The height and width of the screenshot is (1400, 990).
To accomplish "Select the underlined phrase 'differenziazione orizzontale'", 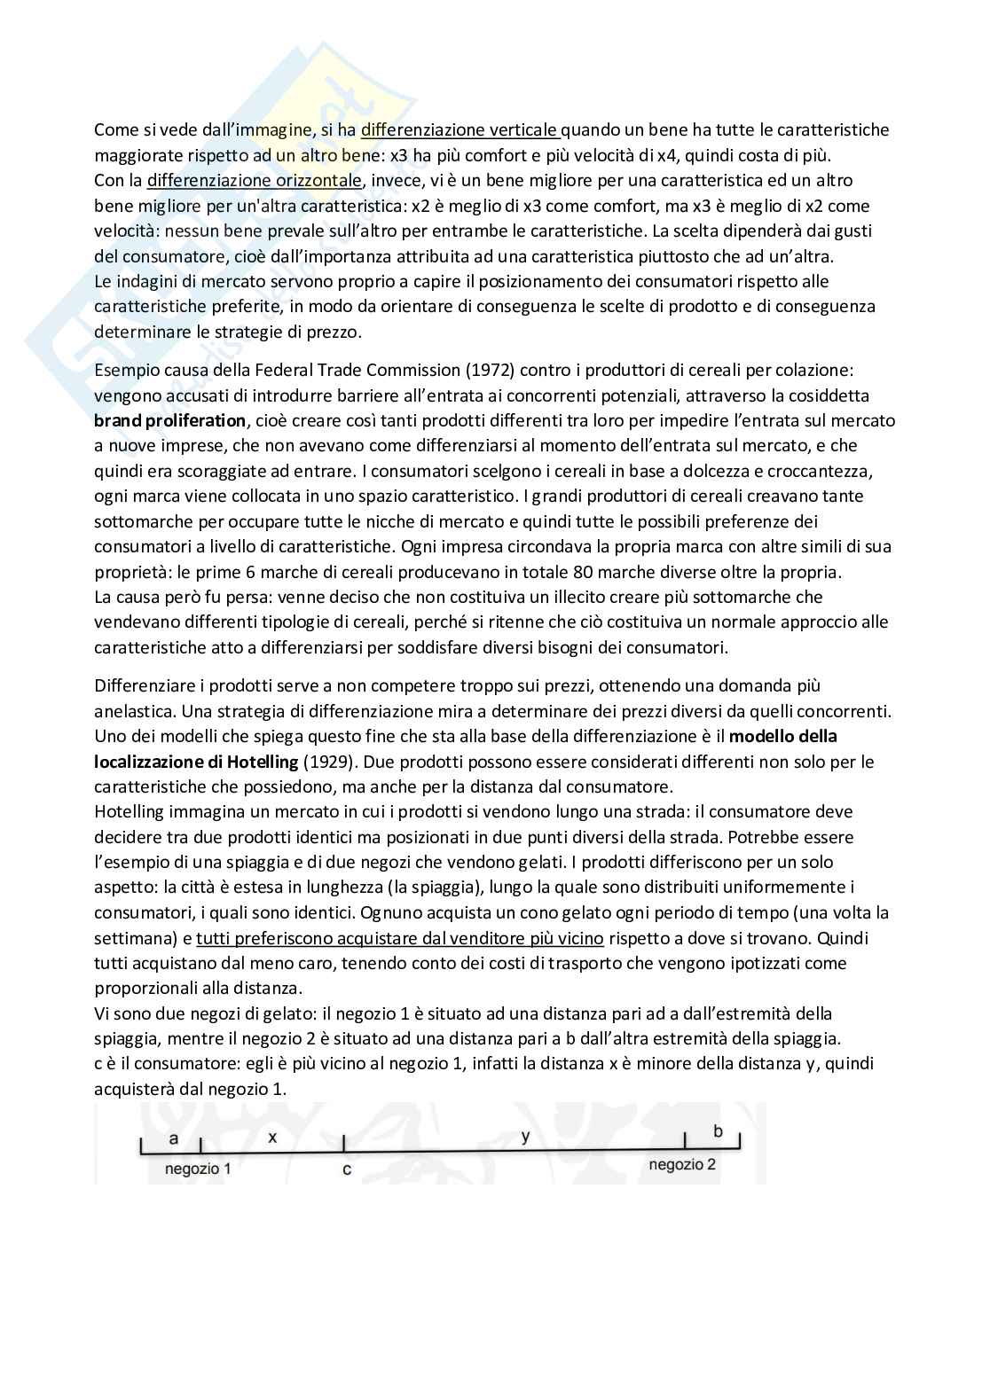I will pos(254,181).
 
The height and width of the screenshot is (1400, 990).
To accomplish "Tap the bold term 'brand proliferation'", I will pos(170,420).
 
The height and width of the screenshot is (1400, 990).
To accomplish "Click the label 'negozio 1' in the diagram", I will pos(198,1169).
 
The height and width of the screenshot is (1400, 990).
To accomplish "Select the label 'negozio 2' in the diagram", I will pos(682,1164).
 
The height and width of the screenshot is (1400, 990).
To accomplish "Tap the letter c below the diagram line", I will pos(346,1169).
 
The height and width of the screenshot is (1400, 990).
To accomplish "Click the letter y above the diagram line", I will pos(526,1137).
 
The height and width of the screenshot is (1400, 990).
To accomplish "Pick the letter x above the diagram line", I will pos(272,1137).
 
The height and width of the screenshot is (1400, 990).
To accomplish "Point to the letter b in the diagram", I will pos(719,1131).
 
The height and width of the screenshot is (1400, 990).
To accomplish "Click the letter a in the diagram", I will pos(174,1137).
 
